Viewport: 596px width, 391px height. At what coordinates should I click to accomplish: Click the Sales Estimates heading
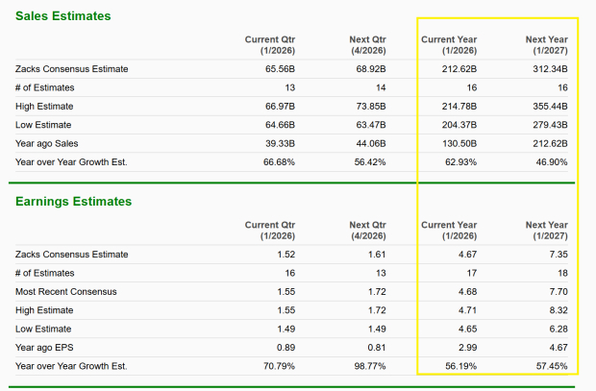62,16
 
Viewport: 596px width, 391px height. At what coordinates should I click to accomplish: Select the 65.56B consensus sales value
279,69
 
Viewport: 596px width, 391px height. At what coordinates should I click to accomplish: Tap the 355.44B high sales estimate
547,106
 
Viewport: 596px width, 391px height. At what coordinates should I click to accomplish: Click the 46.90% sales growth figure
550,161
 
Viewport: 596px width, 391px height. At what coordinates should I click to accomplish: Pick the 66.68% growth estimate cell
280,161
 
